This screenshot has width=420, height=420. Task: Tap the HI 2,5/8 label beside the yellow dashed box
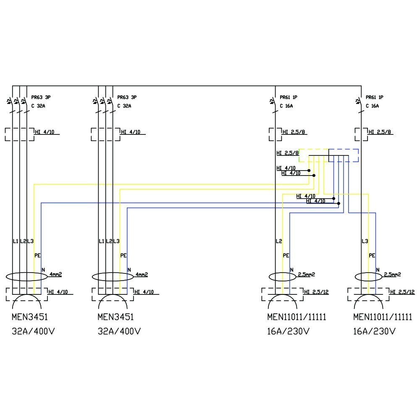[x=287, y=153]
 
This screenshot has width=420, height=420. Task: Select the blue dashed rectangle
[x=344, y=155]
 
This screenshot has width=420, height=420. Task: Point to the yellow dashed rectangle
[x=313, y=155]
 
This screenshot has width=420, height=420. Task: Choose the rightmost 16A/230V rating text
[x=374, y=331]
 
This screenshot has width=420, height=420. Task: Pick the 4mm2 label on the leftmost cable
[x=56, y=274]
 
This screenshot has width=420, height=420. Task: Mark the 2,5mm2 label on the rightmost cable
[x=392, y=274]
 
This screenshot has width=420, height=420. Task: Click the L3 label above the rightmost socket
[x=365, y=241]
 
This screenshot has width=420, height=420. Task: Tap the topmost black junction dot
[x=309, y=171]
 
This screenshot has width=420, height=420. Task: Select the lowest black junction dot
[x=339, y=203]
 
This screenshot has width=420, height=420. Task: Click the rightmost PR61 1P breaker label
[x=375, y=97]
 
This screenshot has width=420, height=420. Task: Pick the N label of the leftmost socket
[x=43, y=270]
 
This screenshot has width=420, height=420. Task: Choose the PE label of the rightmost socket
[x=372, y=255]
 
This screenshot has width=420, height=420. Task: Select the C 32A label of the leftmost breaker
[x=38, y=106]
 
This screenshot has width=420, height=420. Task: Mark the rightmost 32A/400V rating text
[x=119, y=331]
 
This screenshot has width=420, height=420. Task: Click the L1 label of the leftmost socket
[x=16, y=241]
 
